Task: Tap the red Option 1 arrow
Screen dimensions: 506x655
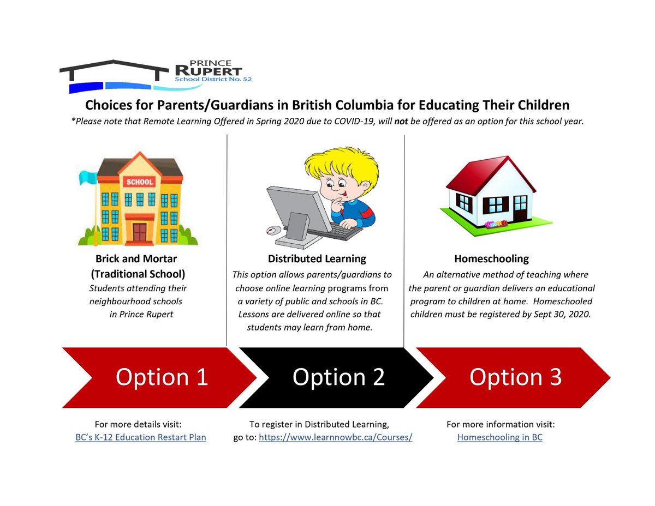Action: pyautogui.click(x=158, y=377)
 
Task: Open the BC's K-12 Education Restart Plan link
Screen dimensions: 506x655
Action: pyautogui.click(x=141, y=437)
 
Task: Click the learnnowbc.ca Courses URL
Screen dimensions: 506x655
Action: pyautogui.click(x=335, y=437)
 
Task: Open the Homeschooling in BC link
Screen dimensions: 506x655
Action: pyautogui.click(x=499, y=437)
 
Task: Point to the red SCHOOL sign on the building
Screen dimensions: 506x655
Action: pyautogui.click(x=140, y=182)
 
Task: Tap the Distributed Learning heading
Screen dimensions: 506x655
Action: pyautogui.click(x=317, y=259)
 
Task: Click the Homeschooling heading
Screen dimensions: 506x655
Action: pyautogui.click(x=491, y=259)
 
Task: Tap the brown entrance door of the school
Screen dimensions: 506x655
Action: pyautogui.click(x=140, y=232)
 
